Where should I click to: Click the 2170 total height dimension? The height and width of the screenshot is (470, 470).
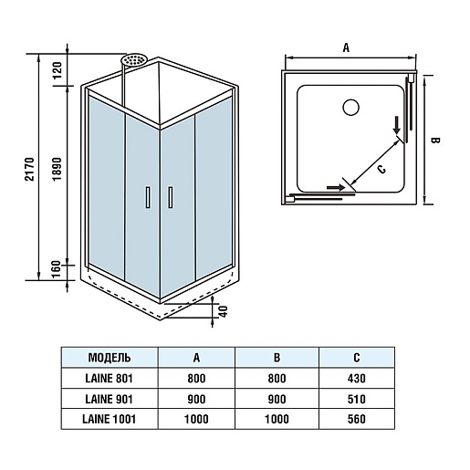click(x=29, y=169)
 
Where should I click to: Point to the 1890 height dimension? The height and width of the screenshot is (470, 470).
click(x=57, y=170)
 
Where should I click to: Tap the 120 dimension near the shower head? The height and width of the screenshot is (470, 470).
click(x=57, y=70)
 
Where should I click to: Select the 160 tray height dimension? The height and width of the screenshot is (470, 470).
click(x=57, y=269)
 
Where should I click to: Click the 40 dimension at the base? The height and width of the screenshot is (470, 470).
click(x=224, y=311)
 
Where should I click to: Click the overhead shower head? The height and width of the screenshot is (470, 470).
click(x=134, y=59)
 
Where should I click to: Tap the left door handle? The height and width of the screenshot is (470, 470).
click(x=148, y=197)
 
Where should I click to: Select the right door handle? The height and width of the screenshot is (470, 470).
click(x=171, y=197)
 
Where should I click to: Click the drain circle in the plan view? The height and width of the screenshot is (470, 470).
click(x=350, y=108)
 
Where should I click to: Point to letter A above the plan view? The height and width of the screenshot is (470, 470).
click(x=346, y=47)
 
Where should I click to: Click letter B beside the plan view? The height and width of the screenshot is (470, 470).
click(x=436, y=141)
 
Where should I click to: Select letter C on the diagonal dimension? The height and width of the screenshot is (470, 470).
click(x=381, y=169)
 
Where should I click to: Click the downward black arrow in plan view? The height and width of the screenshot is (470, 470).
click(x=397, y=125)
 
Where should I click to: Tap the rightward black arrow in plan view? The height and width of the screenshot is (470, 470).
click(x=336, y=187)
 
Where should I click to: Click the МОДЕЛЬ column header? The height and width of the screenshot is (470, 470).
click(x=110, y=358)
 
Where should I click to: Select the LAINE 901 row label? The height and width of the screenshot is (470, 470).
click(x=109, y=399)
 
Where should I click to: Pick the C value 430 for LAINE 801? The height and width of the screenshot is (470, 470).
click(x=357, y=379)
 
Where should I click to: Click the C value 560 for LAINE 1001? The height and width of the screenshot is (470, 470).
click(x=357, y=419)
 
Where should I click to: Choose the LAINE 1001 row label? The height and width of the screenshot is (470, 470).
click(x=109, y=419)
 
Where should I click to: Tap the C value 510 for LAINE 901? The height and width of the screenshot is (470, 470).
click(x=357, y=399)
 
